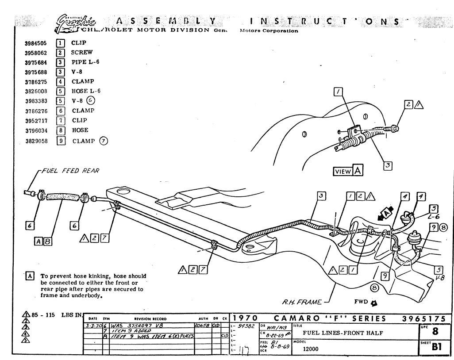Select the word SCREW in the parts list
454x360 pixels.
(82, 52)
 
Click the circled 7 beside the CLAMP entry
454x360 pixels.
(104, 141)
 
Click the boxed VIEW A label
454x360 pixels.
(348, 171)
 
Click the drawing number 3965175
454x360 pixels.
(427, 318)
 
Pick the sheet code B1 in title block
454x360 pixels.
(437, 347)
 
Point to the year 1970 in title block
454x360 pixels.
(246, 318)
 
